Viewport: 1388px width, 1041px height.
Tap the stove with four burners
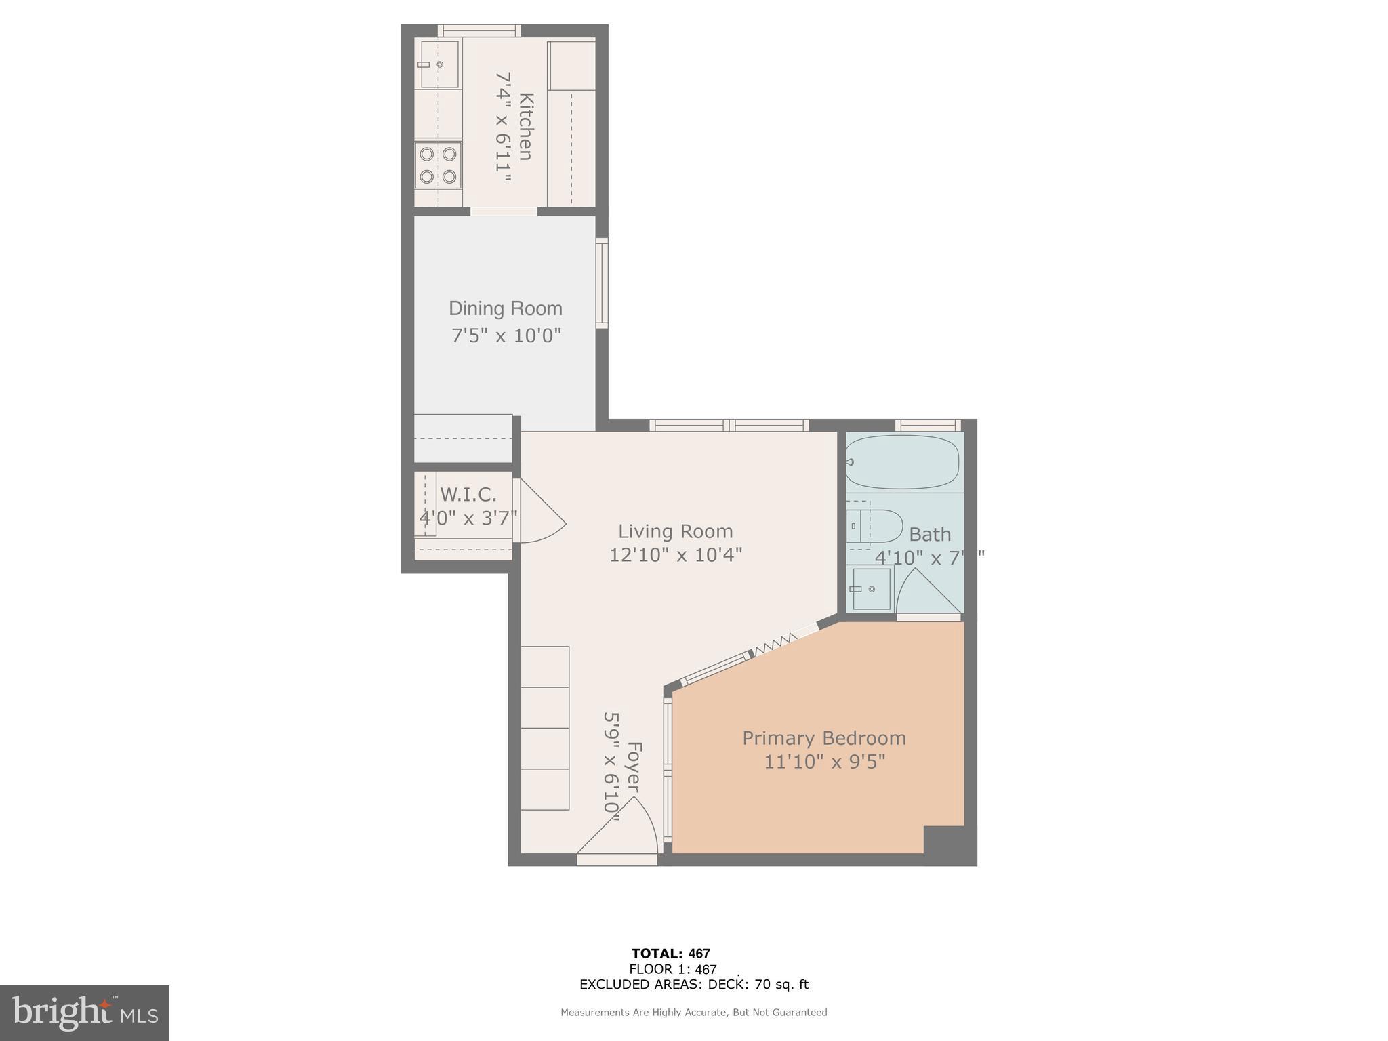tap(438, 165)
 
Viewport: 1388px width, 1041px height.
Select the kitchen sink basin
tap(439, 64)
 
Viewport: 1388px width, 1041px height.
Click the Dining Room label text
tap(506, 309)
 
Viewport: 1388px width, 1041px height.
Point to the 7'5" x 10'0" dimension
tap(506, 335)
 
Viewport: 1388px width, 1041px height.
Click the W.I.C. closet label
tap(468, 494)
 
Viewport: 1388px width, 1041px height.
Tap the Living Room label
tap(675, 531)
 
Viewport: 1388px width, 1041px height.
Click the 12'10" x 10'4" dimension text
tap(675, 555)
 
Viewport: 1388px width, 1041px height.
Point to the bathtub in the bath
tap(902, 462)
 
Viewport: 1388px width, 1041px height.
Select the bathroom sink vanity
tap(871, 588)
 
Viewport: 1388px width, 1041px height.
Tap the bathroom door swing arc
tap(927, 592)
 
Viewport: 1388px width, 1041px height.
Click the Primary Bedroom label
tap(823, 738)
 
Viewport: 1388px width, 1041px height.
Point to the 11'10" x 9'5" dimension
tap(824, 762)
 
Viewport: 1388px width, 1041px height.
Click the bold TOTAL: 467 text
tap(670, 954)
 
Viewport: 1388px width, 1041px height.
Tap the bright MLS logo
tap(85, 1013)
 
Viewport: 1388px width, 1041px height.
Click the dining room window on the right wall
tap(602, 283)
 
